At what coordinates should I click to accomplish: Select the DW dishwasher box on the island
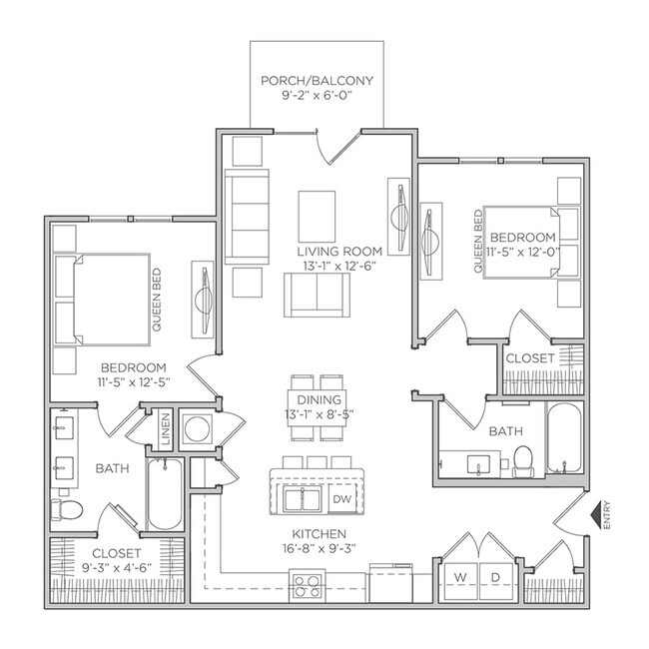click(340, 498)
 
